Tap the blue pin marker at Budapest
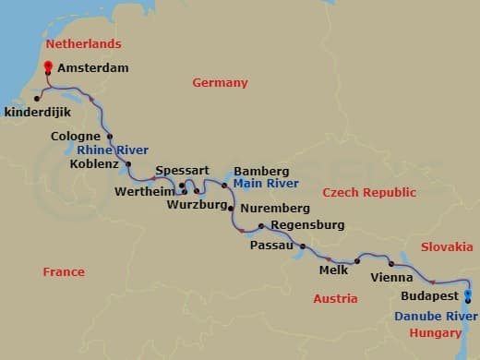coord(468,296)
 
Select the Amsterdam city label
coord(92,68)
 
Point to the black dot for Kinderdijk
coord(37,97)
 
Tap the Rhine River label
coord(113,150)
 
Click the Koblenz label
coord(94,164)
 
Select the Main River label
coord(260,184)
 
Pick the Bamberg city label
coord(261,171)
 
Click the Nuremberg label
coord(274,209)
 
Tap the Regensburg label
coord(307,225)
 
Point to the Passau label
coord(272,246)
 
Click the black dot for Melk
coord(356,261)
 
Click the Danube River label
coord(428,316)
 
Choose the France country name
coord(64,271)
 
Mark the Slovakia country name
coord(447,246)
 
